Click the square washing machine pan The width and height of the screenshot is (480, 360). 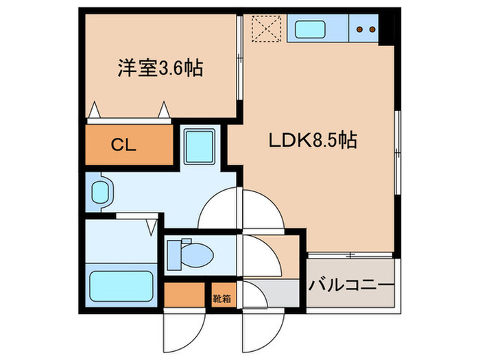coord(201,145)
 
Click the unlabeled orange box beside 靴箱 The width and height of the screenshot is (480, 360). coord(184,296)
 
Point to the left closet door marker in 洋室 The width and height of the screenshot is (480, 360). coord(94,109)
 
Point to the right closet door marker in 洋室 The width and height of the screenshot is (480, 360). coord(165,108)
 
